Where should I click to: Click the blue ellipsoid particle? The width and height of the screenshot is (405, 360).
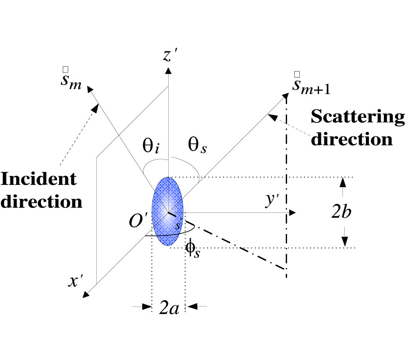point(167,211)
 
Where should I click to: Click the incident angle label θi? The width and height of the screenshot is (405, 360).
point(151,147)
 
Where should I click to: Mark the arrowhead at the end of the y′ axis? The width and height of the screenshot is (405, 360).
point(292,212)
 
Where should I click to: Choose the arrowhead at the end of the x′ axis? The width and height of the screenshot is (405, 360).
point(85,294)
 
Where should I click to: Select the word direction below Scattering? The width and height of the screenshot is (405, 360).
point(352,139)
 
